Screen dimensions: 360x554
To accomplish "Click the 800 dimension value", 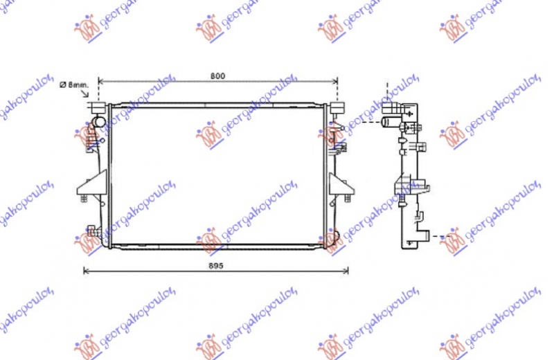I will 218,75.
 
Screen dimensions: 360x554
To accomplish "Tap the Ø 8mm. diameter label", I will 75,84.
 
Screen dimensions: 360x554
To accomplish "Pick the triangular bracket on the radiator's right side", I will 339,185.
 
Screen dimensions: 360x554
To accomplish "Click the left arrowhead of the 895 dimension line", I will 86,271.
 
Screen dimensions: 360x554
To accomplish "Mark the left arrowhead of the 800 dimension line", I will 101,81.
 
